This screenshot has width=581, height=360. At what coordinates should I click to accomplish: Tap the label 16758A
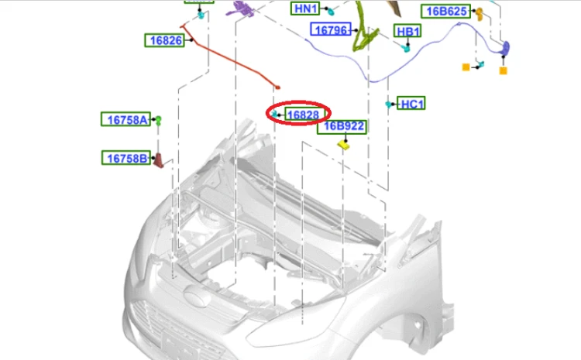[126, 120]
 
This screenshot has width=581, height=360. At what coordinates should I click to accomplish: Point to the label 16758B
[126, 158]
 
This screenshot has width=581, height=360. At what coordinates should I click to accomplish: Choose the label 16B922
[342, 127]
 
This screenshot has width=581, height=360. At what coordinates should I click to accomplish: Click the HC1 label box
[411, 104]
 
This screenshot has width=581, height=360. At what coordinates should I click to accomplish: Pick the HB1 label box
[407, 31]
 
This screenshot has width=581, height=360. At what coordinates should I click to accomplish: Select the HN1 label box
[305, 9]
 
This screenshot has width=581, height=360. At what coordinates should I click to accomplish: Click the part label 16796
[331, 29]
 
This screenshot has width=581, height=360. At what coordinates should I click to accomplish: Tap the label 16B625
[445, 12]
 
